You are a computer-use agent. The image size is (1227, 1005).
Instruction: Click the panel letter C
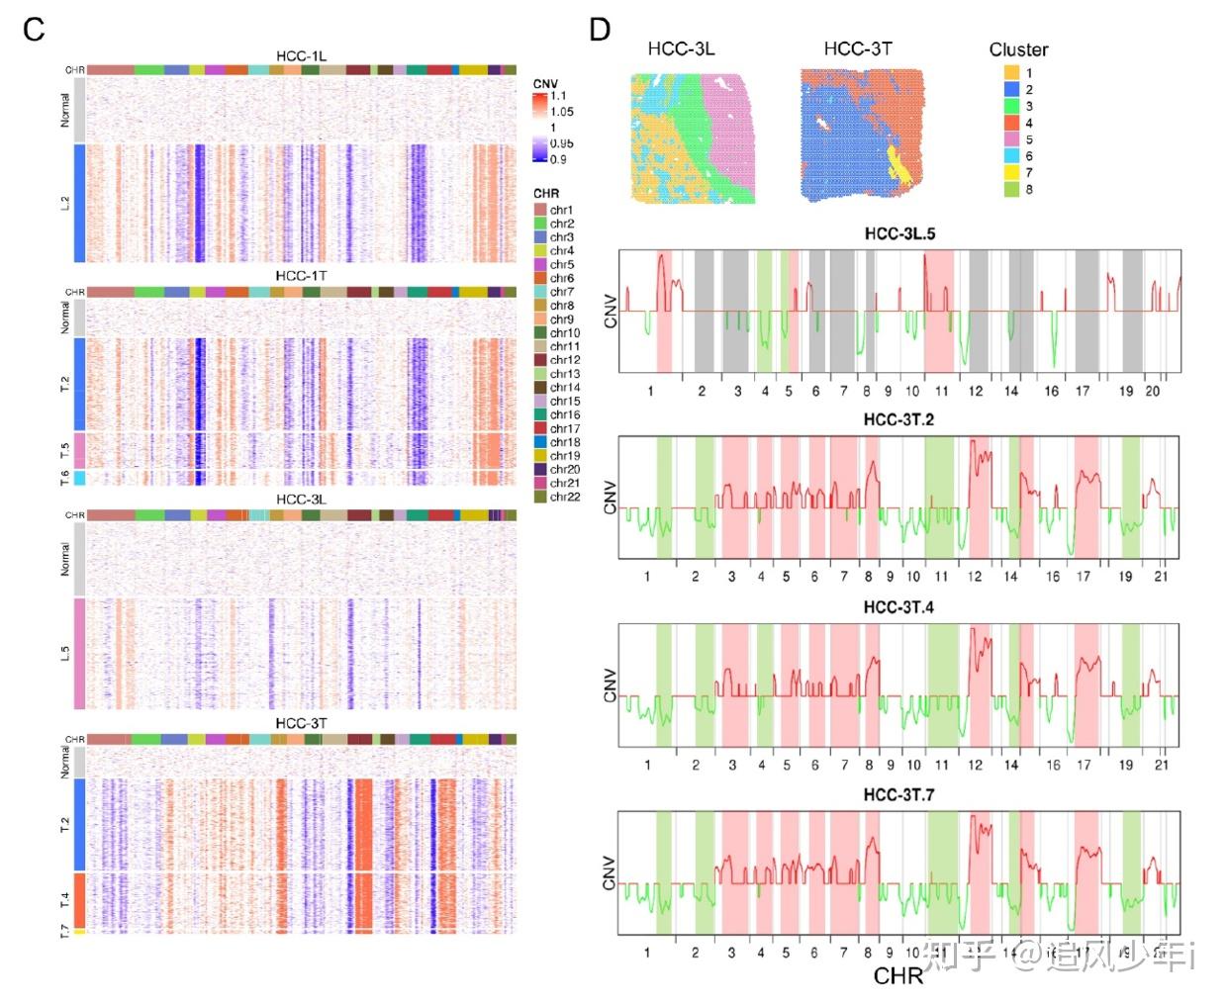coord(34,30)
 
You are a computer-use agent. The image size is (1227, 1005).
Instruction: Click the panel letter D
coord(600,30)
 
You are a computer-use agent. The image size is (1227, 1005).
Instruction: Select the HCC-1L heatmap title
coord(301,56)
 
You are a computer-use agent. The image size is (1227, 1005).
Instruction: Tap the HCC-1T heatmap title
coord(301,276)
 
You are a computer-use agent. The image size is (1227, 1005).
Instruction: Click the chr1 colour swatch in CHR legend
coord(540,210)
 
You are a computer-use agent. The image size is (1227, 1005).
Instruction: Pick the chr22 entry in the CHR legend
coord(564,497)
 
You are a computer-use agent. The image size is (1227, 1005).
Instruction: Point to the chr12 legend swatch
coord(540,360)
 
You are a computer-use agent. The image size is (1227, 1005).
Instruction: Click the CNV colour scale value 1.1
coord(559,96)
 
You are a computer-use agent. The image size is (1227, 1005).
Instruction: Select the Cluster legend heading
coord(1018,49)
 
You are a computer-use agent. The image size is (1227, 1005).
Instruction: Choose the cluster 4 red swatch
coord(1011,123)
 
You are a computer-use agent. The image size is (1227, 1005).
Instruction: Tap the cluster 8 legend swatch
coord(1011,189)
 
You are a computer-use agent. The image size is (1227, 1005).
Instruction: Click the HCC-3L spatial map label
coord(681,48)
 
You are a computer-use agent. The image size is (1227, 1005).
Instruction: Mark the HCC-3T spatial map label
coord(858,48)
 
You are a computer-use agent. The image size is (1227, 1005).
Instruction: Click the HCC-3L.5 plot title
coord(899,234)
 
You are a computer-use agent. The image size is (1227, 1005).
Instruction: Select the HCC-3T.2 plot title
coord(898,419)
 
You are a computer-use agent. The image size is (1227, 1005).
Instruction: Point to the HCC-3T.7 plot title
coord(898,794)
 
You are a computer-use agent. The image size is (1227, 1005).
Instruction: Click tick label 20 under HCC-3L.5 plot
coord(1153,391)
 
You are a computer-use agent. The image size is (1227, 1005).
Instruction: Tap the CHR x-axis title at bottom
coord(897,976)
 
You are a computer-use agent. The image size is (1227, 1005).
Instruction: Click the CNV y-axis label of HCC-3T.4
coord(610,685)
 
